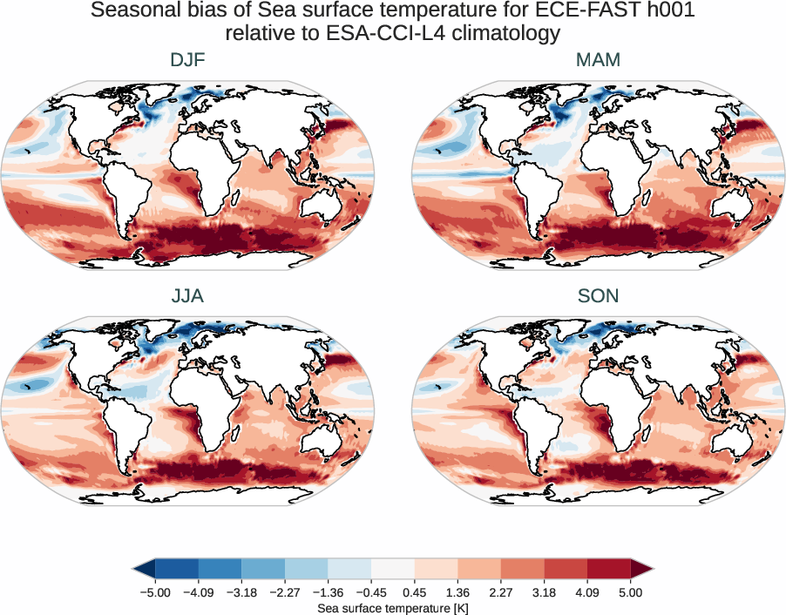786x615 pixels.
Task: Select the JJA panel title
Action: pyautogui.click(x=187, y=296)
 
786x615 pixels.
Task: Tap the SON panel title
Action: pyautogui.click(x=598, y=296)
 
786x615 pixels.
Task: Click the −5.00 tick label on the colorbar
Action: pyautogui.click(x=154, y=592)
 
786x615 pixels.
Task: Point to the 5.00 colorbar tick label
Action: pyautogui.click(x=631, y=592)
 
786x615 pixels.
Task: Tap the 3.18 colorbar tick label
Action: pyautogui.click(x=544, y=592)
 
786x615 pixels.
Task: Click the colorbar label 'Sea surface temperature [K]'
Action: pyautogui.click(x=392, y=606)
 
